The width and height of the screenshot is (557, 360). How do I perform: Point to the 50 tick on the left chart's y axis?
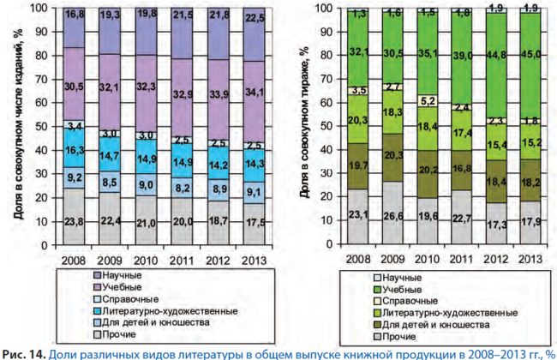[x=42, y=126]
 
